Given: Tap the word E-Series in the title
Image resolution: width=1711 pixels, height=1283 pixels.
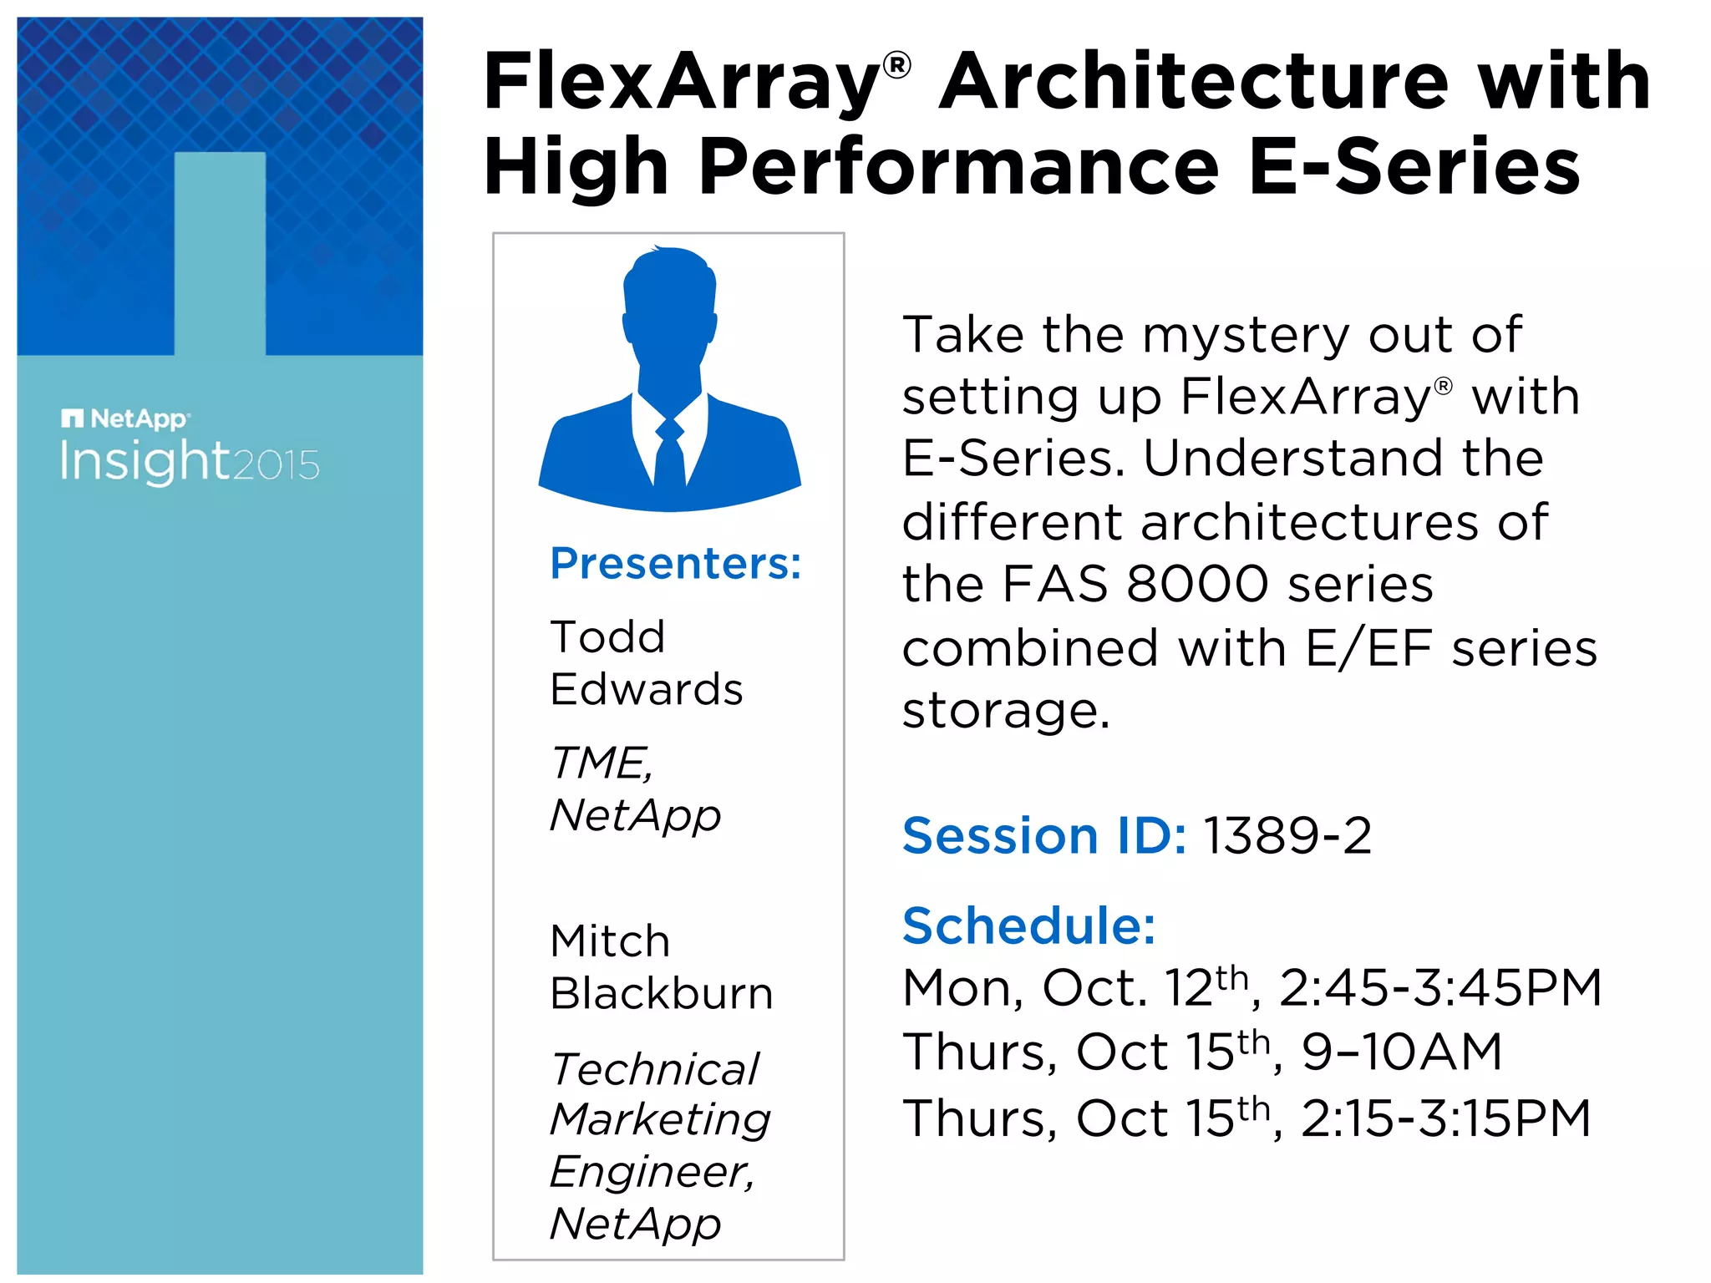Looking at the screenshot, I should click(x=1414, y=167).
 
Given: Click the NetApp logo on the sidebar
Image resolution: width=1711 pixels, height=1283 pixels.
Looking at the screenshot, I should click(x=125, y=418).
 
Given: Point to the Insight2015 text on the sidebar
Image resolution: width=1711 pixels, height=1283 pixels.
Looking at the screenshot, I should click(x=189, y=462).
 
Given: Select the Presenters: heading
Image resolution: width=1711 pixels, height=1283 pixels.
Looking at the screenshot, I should click(x=675, y=563).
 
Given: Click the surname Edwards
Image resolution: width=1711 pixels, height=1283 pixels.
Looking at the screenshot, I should click(x=646, y=690).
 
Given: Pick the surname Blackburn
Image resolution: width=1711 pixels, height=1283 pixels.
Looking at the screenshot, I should click(x=661, y=994).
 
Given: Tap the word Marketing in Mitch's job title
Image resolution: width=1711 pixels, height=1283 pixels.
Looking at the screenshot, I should click(x=660, y=1119).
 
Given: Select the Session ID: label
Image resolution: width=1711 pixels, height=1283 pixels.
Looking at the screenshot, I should click(x=1043, y=835).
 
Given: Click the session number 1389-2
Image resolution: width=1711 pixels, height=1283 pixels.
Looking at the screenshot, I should click(x=1287, y=835).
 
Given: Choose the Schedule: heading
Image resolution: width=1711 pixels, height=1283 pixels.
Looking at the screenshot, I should click(x=1028, y=926).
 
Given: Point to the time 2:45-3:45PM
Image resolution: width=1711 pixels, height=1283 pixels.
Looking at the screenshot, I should click(x=1439, y=988).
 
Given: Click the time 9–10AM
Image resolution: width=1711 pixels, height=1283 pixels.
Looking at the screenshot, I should click(x=1401, y=1052).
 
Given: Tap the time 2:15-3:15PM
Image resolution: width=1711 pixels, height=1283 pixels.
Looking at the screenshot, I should click(x=1445, y=1118).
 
